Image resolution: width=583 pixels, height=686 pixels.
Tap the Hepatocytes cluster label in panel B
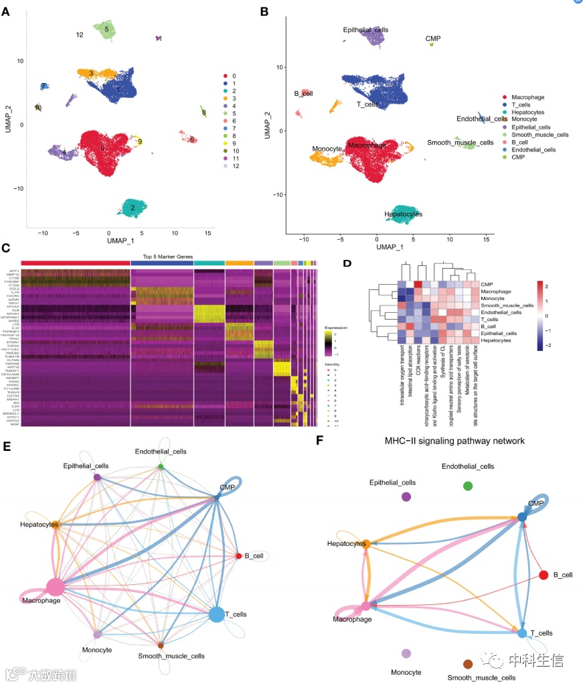403,214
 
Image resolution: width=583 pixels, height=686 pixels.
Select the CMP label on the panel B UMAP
433,39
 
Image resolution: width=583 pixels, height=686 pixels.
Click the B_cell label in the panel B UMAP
303,93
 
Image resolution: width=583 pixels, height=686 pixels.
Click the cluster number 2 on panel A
133,208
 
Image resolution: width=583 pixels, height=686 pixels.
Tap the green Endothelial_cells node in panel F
468,486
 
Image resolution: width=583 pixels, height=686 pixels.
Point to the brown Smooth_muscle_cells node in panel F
468,664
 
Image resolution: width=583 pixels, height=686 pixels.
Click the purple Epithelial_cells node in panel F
406,496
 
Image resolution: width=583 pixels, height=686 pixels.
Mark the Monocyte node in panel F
406,653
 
